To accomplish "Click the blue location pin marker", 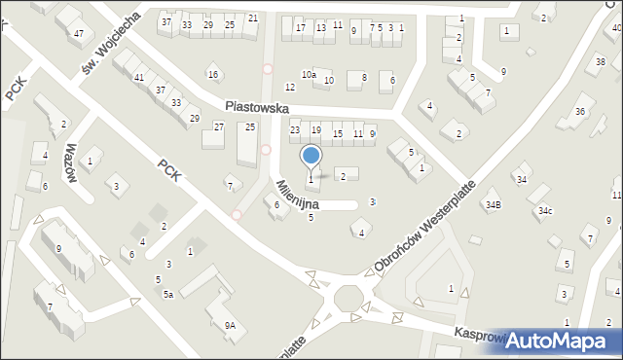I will tap(311, 157).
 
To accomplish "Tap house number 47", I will tap(78, 33).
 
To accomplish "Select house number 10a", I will tap(309, 74).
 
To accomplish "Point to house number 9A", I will tap(230, 326).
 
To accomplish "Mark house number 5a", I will tap(167, 294).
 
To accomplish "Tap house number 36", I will tap(579, 112).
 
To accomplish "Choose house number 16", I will tap(212, 74).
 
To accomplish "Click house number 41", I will tap(139, 77).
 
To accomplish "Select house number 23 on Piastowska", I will tap(295, 129).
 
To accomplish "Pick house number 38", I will tap(600, 62).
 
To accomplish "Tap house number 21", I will tap(253, 18).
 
